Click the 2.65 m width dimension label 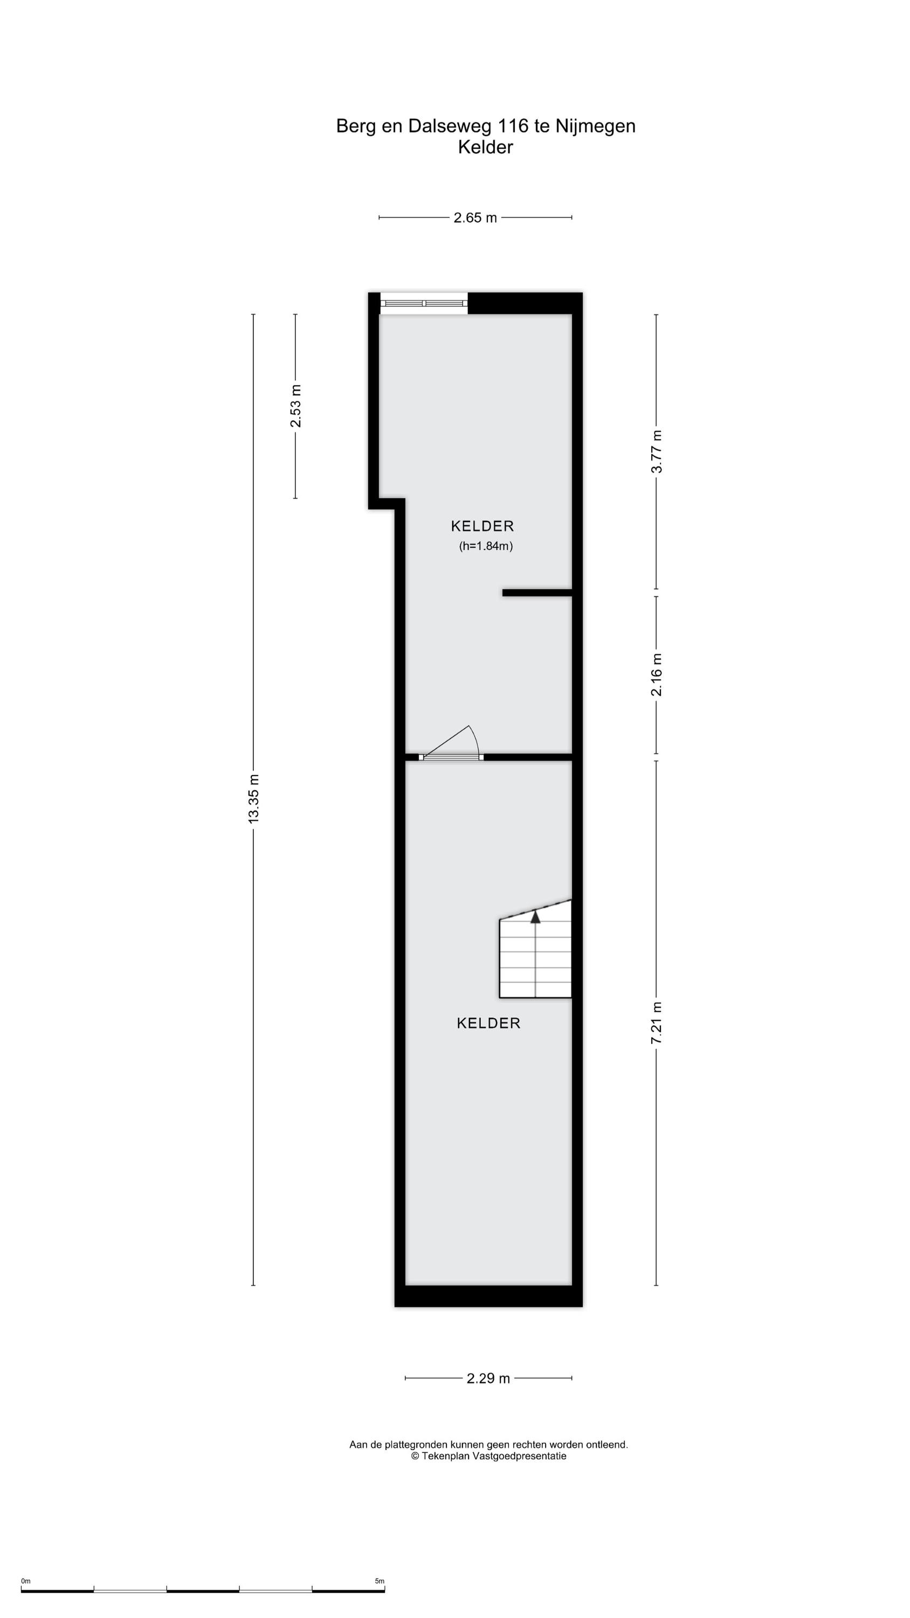pyautogui.click(x=475, y=217)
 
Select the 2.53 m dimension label pyautogui.click(x=295, y=406)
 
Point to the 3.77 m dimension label pyautogui.click(x=656, y=451)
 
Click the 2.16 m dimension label pyautogui.click(x=656, y=675)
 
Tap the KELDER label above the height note pyautogui.click(x=482, y=526)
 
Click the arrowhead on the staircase pyautogui.click(x=535, y=917)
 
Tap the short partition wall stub pyautogui.click(x=537, y=592)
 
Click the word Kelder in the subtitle pyautogui.click(x=485, y=147)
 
